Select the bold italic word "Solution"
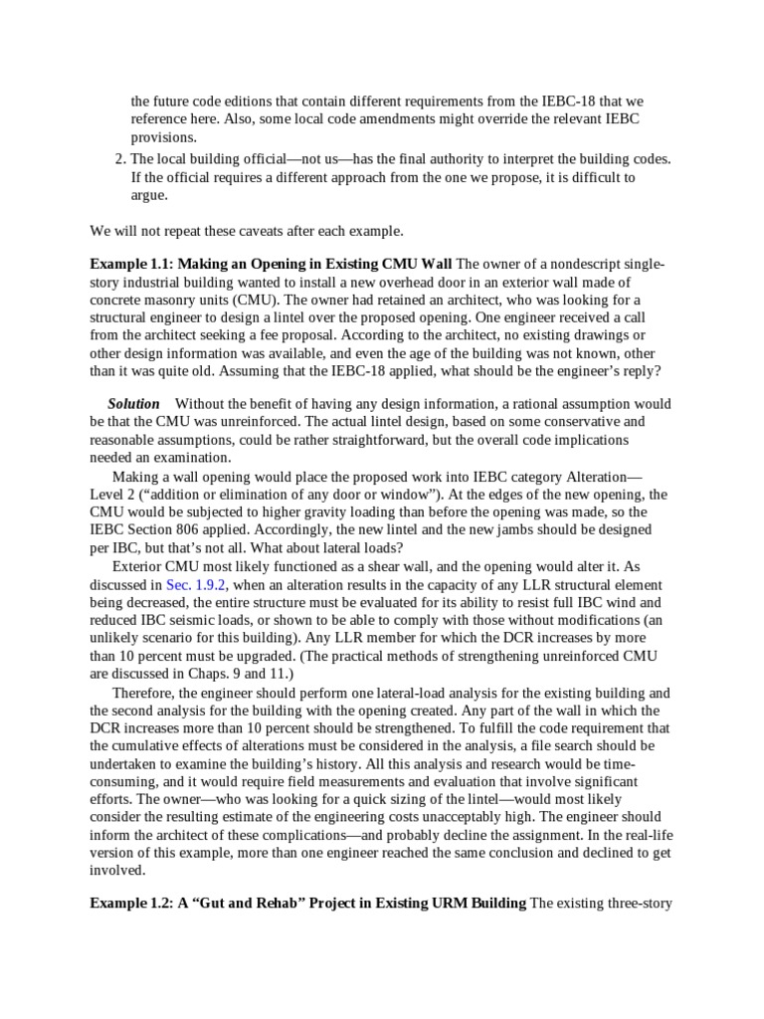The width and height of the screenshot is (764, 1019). coord(133,404)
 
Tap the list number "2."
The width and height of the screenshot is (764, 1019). coord(120,159)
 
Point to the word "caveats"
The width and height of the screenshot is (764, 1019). coord(233,230)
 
